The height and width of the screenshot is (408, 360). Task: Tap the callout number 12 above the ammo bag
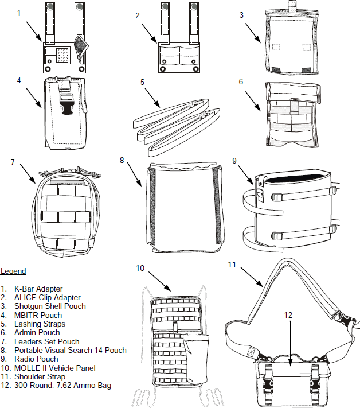[x=289, y=314]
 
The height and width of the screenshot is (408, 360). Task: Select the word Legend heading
[x=13, y=271]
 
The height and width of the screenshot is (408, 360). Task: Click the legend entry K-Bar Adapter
[x=39, y=288]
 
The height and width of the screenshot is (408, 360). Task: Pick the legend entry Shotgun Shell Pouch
[x=50, y=306]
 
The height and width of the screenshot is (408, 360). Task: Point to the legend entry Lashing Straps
[x=40, y=324]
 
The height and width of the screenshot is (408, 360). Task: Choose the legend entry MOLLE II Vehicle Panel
[x=56, y=368]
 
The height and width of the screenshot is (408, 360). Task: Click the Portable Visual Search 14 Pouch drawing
[x=185, y=209]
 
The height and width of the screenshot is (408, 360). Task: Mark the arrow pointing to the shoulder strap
[x=252, y=275]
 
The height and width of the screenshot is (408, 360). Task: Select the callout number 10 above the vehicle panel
[x=140, y=268]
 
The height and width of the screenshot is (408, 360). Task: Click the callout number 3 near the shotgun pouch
[x=241, y=15]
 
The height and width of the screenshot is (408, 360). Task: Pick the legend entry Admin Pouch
[x=37, y=332]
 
